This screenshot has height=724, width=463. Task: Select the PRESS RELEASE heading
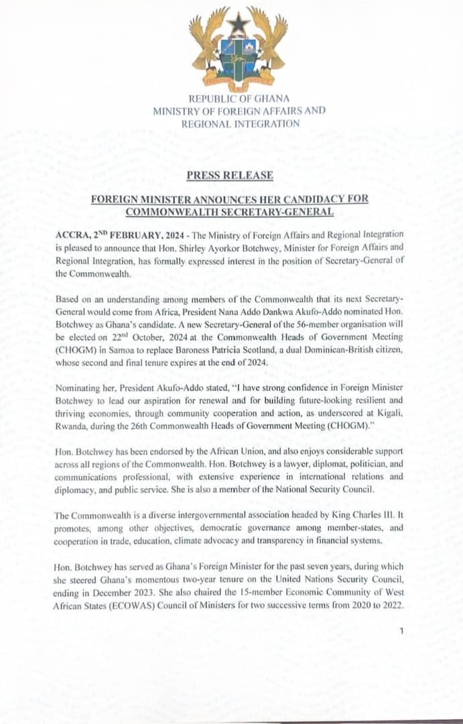pos(230,175)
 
